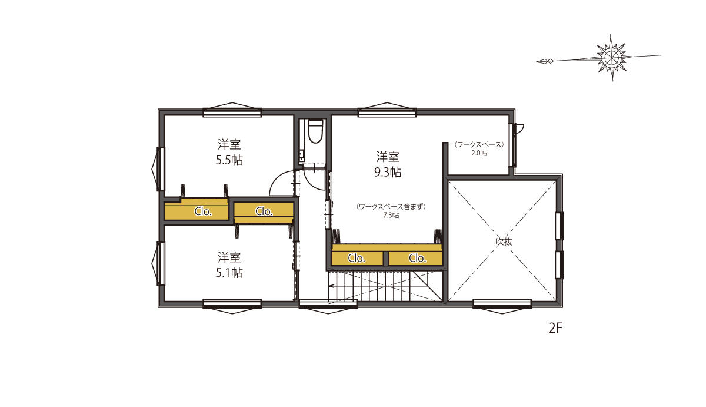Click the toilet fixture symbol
(315, 131)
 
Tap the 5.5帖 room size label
(229, 160)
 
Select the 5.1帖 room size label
(229, 273)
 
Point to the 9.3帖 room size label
(388, 172)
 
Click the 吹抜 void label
(504, 241)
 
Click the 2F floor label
(555, 329)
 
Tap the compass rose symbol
(611, 58)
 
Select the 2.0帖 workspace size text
(479, 153)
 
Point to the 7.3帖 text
(391, 215)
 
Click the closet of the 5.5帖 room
(197, 211)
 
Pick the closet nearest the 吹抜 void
(415, 258)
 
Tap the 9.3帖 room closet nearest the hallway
(357, 258)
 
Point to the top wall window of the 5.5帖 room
(232, 110)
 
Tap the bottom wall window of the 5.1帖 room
(232, 306)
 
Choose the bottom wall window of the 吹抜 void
(502, 306)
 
